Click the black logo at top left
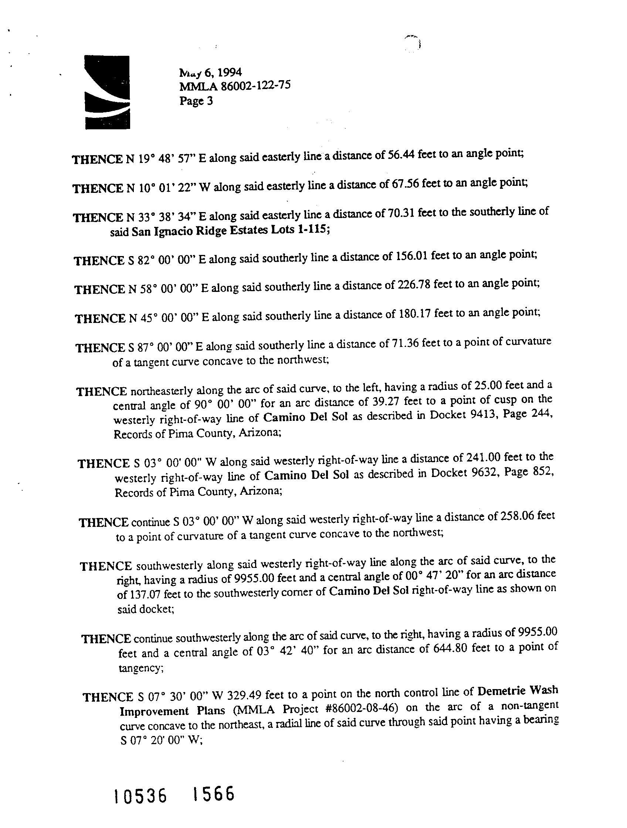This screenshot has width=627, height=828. click(x=107, y=92)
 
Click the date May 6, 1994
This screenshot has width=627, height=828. click(x=210, y=72)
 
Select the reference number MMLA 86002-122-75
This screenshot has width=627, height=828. click(x=235, y=86)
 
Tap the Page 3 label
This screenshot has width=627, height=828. click(x=196, y=101)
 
